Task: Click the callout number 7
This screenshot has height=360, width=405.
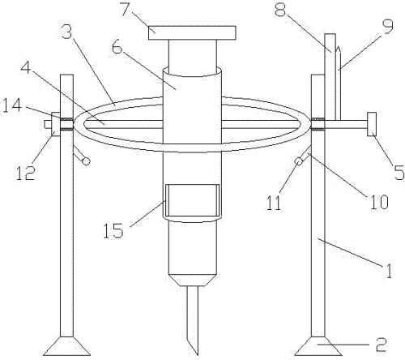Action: (126, 9)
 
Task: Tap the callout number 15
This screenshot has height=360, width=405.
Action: (113, 230)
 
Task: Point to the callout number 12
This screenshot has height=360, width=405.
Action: (25, 173)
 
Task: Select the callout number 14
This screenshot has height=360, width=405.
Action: (11, 105)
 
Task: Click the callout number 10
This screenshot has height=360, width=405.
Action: (379, 201)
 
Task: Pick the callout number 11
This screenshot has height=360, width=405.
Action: (274, 203)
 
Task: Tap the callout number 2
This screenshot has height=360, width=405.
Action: (382, 345)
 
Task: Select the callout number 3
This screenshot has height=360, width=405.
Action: (66, 31)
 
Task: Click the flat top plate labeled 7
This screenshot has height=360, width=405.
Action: (192, 32)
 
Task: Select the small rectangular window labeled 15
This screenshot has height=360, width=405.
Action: (192, 200)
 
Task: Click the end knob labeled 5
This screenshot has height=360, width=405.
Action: (372, 124)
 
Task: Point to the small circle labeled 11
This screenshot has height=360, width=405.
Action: (299, 161)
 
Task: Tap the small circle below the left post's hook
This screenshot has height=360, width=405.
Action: (86, 161)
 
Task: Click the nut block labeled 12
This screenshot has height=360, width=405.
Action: (56, 124)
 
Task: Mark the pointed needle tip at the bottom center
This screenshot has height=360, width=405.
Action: (198, 354)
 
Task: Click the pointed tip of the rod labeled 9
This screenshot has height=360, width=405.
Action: (338, 47)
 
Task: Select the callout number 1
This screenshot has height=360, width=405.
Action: (389, 271)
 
